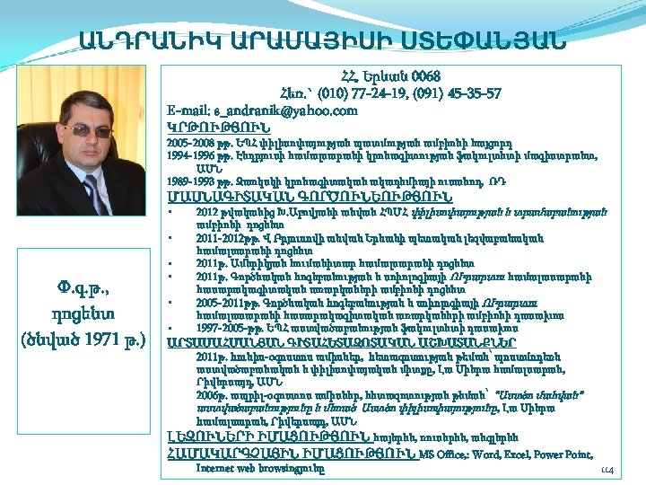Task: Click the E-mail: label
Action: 190,110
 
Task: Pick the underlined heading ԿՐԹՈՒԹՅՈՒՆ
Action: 212,127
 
